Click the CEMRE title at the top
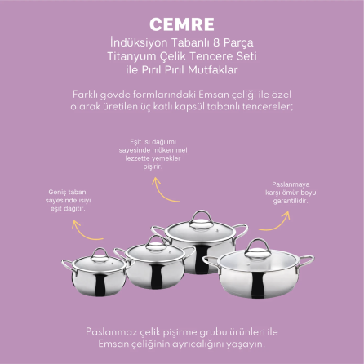click(x=182, y=24)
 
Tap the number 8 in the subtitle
click(x=220, y=42)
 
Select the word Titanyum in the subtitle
click(x=131, y=56)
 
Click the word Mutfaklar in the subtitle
click(x=213, y=70)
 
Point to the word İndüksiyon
click(x=139, y=42)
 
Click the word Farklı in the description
click(x=85, y=95)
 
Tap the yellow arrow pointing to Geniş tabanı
click(x=85, y=232)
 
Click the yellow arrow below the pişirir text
click(x=162, y=192)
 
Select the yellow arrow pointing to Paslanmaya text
click(x=277, y=224)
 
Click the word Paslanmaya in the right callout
click(x=291, y=184)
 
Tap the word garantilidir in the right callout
click(x=291, y=201)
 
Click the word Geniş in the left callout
click(x=57, y=193)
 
